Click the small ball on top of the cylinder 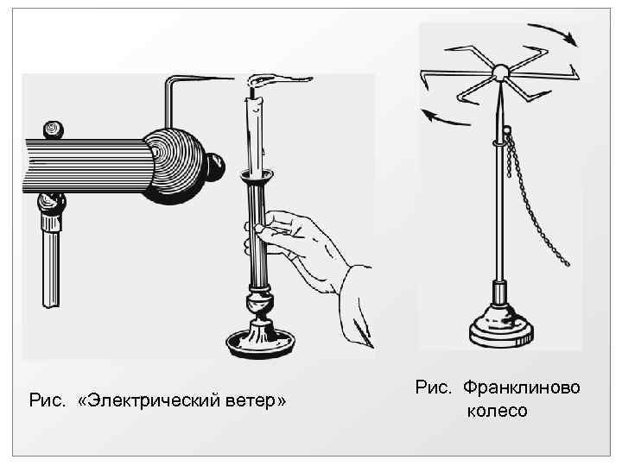pos(54,129)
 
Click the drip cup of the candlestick pos(259,178)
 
